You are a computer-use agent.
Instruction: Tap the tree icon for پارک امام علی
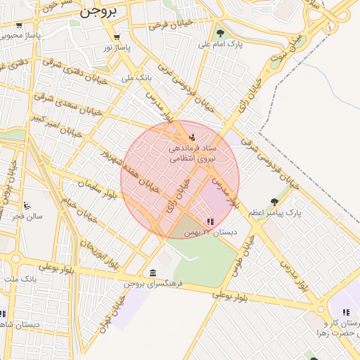coord(220,33)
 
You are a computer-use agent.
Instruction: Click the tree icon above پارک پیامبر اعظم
coord(274,202)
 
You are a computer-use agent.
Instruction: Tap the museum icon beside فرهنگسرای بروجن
coord(153,273)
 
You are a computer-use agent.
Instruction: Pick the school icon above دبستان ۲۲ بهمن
coord(210,221)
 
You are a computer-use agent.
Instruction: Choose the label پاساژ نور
coord(116,46)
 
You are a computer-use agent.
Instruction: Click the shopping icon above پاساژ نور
coord(116,37)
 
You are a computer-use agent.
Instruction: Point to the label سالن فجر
coord(27,216)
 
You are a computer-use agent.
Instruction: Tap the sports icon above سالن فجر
coord(27,205)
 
